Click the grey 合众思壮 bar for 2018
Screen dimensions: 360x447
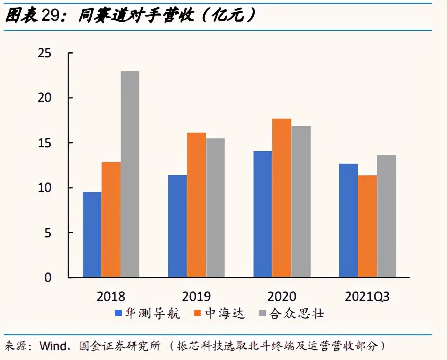[x=130, y=174]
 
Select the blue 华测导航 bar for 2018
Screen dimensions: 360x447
[x=92, y=234]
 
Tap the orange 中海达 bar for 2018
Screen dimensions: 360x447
[x=111, y=220]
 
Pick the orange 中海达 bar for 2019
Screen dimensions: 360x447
[x=196, y=205]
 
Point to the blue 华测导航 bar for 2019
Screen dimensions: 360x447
[x=178, y=226]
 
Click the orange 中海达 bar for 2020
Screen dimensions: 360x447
[x=282, y=198]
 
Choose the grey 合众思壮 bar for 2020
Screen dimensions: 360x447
[x=301, y=201]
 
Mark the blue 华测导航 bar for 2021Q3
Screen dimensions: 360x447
[x=349, y=220]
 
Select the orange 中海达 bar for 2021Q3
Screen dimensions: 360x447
[x=367, y=226]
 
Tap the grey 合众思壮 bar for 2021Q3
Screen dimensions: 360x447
[x=387, y=216]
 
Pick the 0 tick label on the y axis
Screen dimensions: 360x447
[x=48, y=278]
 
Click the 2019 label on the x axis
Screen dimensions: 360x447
[x=196, y=297]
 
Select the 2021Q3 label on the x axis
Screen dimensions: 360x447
[x=367, y=297]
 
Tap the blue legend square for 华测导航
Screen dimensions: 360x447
[x=118, y=314]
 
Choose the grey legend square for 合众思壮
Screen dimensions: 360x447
[x=263, y=314]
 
